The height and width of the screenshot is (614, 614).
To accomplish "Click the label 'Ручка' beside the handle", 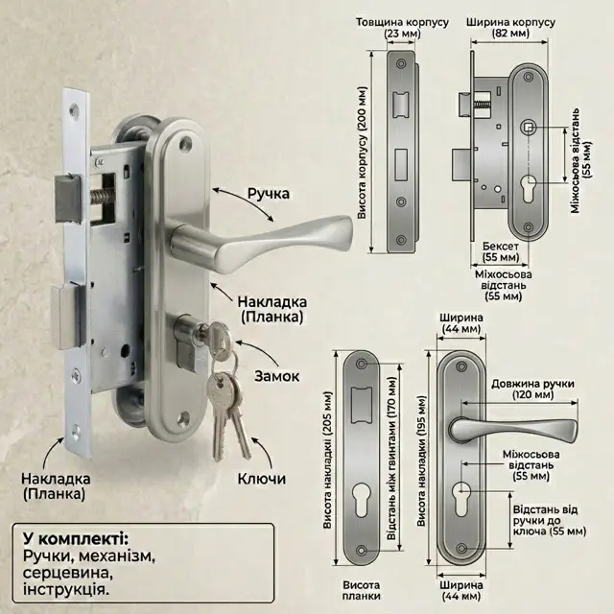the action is point(269,194).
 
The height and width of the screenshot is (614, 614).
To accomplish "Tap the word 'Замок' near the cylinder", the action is point(277,376).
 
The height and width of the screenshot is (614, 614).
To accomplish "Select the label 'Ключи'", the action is point(262,479).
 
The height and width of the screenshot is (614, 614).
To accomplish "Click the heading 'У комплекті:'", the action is point(75,539).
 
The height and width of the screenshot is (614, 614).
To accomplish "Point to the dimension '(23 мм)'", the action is point(402,34).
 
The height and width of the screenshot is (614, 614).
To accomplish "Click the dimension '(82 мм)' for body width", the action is point(510,34).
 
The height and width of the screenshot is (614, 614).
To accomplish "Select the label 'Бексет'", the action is point(501,247).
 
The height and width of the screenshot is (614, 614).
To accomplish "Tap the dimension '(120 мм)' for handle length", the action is point(533,394).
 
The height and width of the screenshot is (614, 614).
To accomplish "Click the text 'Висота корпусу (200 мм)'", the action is point(363,153).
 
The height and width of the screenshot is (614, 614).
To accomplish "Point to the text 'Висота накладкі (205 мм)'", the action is point(327,460).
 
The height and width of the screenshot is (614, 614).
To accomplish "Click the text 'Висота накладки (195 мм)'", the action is point(421,460).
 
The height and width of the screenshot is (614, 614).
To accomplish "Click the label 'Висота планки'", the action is point(361,591).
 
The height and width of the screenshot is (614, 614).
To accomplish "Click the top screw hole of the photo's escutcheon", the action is point(185,145).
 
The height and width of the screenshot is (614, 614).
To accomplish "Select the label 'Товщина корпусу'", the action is point(402,22).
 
